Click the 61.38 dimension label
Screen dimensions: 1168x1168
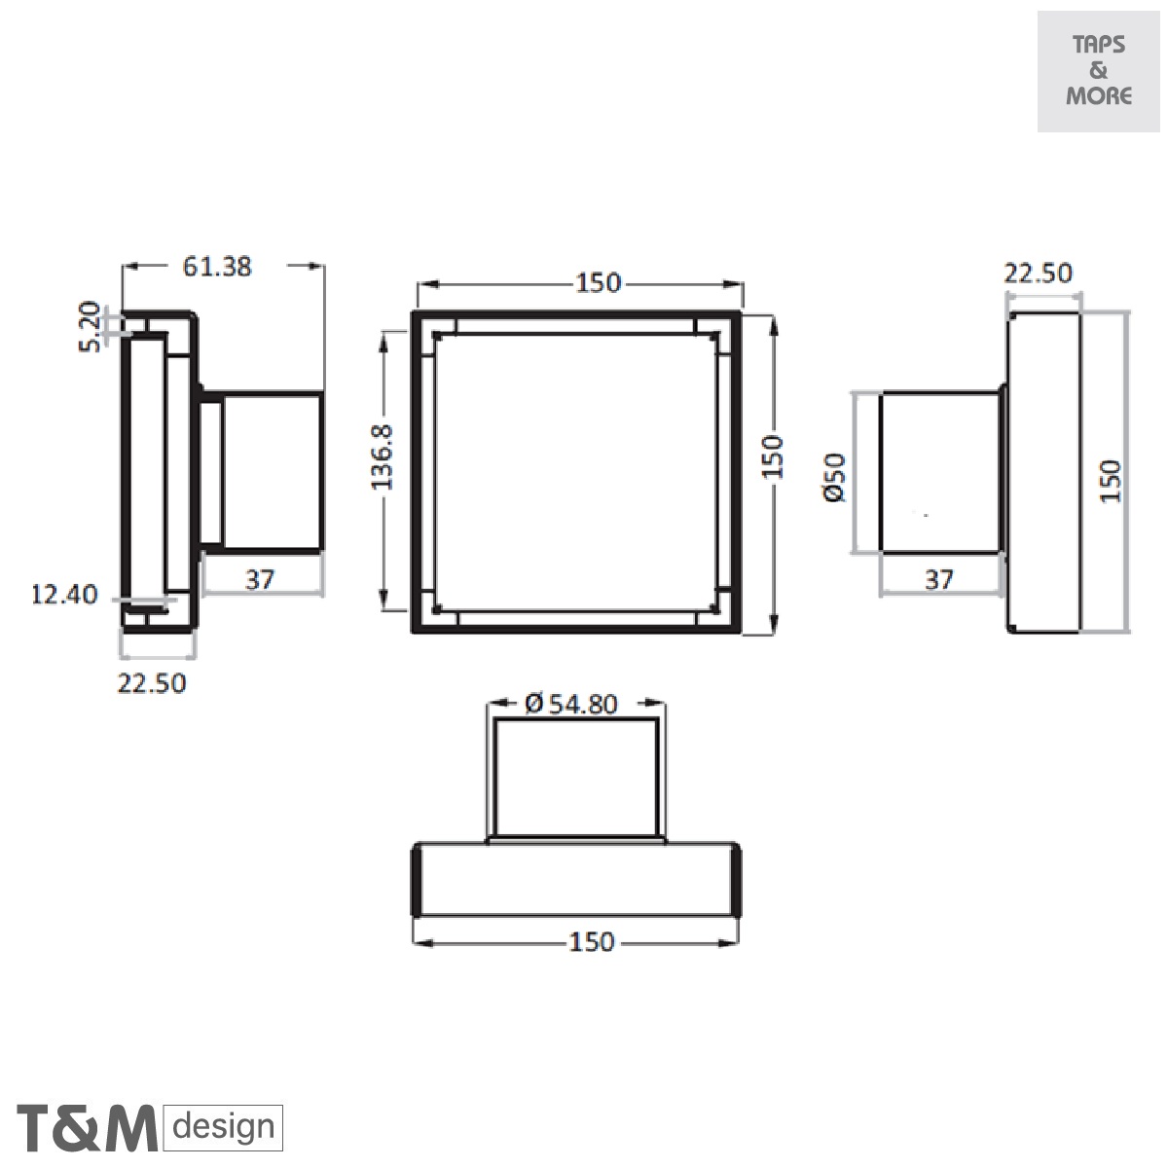(217, 267)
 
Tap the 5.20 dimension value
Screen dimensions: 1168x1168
(90, 326)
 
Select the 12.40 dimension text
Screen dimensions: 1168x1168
(64, 594)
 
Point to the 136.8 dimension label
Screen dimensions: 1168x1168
(382, 457)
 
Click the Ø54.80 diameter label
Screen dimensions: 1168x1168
(571, 704)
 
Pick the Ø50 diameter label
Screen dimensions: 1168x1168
(835, 477)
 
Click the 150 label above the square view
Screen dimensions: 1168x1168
(599, 283)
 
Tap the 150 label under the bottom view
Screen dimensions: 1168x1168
(592, 942)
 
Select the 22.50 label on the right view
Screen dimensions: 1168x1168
(1039, 274)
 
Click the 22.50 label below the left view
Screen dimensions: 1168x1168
(152, 683)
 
